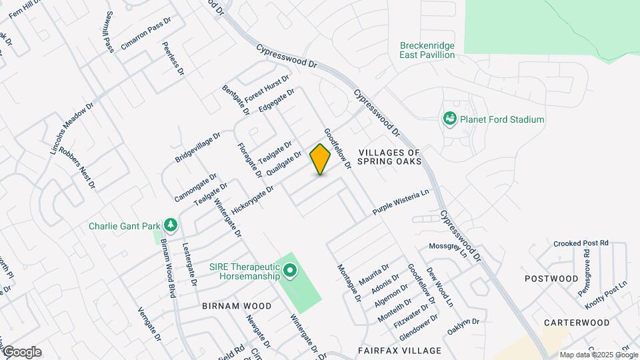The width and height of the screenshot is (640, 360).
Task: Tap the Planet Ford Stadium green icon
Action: (450, 119)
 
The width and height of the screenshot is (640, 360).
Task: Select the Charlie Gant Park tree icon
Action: (171, 225)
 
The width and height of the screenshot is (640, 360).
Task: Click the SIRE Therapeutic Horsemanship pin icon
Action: (290, 271)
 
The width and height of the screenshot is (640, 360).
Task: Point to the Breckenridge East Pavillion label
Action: (427, 50)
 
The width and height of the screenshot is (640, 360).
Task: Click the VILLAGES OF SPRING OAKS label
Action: (390, 157)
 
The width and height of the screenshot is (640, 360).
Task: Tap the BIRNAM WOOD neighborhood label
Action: (237, 306)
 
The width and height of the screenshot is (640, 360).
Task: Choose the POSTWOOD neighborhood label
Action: (551, 278)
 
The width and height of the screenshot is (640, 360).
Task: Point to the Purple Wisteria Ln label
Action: (400, 202)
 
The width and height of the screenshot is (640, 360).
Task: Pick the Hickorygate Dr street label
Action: (253, 201)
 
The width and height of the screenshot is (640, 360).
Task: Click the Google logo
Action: (22, 351)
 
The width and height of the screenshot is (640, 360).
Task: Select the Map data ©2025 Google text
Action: (598, 355)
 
